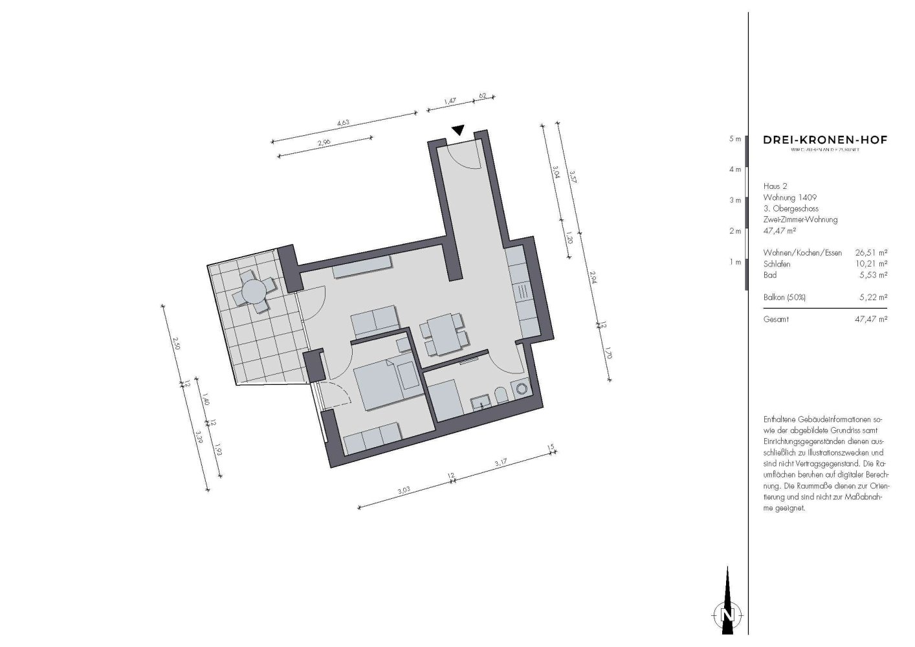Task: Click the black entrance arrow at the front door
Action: pos(458,131)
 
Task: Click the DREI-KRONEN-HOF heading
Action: pos(825,140)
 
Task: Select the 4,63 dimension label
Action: pos(343,123)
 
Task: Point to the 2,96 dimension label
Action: pos(324,143)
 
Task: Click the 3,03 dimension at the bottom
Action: pos(402,490)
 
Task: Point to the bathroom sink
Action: pos(480,402)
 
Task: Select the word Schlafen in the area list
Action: pos(777,264)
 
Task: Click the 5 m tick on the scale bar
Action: pos(734,139)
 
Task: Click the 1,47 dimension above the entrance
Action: pos(450,100)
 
